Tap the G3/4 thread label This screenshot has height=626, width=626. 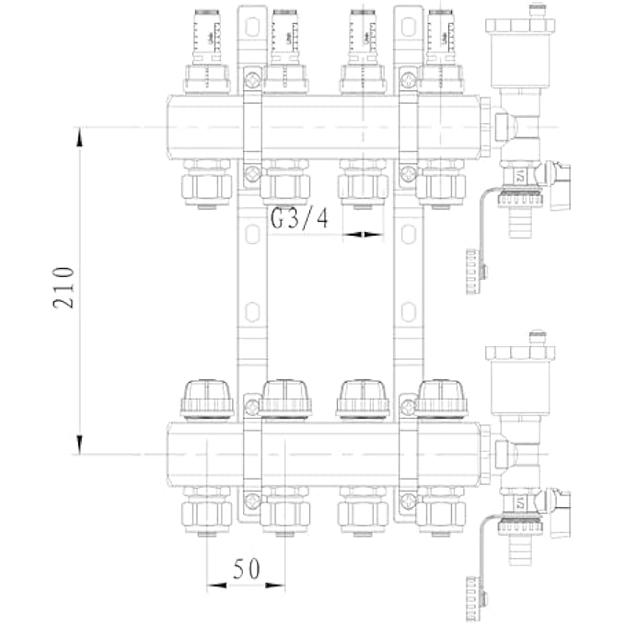coord(299,219)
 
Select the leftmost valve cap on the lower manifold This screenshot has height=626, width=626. coord(207,400)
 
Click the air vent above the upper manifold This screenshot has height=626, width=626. coord(522,55)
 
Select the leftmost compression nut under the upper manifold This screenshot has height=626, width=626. coord(207,184)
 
